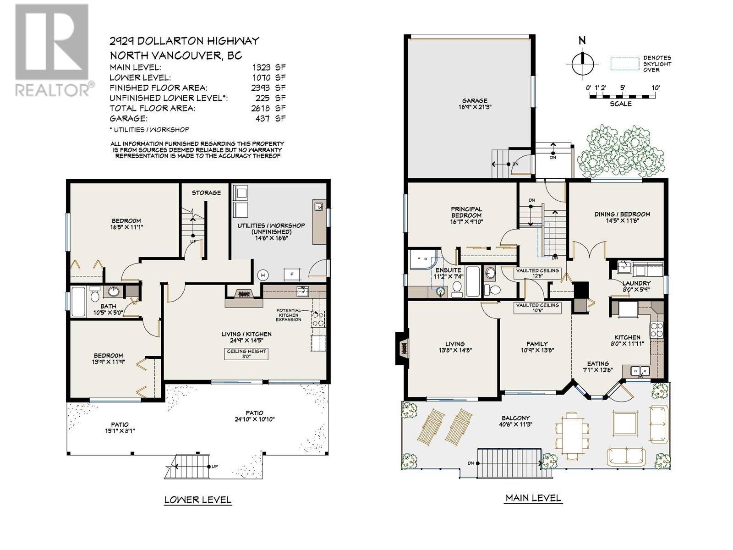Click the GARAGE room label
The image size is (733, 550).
pos(475,100)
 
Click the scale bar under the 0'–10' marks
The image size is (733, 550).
pos(622,97)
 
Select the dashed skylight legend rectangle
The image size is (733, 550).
pos(624,63)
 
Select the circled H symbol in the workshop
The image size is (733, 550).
pos(263,275)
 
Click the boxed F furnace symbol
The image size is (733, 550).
pos(292,275)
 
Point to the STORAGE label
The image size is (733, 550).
pos(206,192)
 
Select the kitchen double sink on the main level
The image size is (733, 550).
pos(640,370)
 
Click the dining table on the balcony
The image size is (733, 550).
pos(572,435)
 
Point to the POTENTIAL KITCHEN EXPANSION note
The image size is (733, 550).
pos(288,315)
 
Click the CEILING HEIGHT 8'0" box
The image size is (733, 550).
pos(246,354)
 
